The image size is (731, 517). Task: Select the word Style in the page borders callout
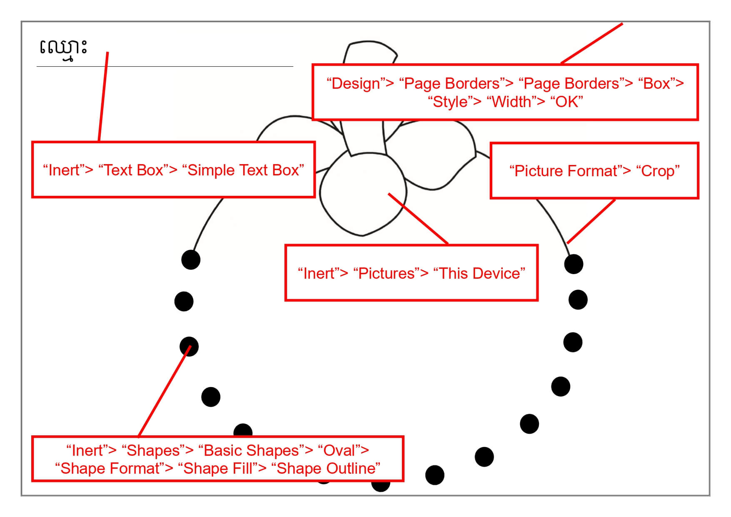point(450,102)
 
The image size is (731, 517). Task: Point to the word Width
point(512,102)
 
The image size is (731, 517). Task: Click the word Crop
point(658,171)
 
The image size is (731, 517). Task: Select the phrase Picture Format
point(566,171)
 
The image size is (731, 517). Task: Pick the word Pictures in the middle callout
point(387,274)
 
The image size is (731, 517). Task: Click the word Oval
point(339,451)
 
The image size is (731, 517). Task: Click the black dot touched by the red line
point(189,347)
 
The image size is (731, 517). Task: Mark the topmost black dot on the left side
point(191,260)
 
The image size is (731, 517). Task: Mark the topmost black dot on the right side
point(574,264)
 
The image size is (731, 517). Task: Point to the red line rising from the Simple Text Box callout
point(103,96)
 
